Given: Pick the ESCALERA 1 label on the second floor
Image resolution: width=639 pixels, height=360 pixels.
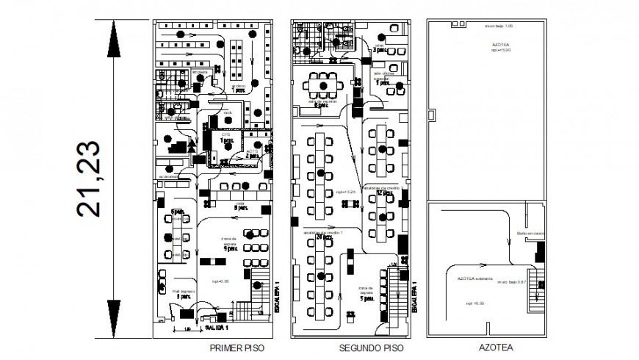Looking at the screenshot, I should click(x=415, y=298).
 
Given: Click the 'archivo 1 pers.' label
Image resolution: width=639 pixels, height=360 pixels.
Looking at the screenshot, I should click(x=239, y=88).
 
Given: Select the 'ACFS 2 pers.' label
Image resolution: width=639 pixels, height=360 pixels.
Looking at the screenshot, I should click(x=252, y=154).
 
